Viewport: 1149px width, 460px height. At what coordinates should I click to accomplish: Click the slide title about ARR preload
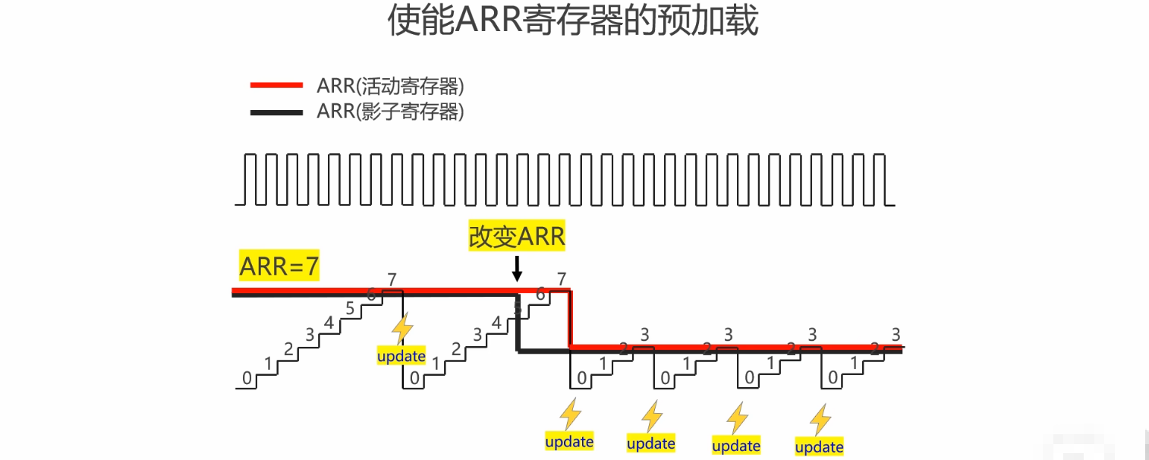point(573,21)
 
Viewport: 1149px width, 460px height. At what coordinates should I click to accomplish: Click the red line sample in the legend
point(276,85)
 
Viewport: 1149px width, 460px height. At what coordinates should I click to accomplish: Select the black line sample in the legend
point(276,112)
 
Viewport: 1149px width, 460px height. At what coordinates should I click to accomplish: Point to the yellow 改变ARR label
point(517,237)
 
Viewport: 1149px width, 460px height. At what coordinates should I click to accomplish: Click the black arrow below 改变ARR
point(517,268)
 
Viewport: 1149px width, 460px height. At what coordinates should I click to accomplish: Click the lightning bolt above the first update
point(401,329)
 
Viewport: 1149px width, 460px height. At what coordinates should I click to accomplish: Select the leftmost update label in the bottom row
point(569,441)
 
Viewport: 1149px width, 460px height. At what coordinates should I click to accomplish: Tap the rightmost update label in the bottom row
point(819,447)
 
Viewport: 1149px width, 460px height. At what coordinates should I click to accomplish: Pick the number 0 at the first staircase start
point(247,377)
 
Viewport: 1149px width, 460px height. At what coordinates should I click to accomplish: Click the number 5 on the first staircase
point(350,308)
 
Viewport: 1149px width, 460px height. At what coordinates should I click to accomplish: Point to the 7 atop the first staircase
point(392,279)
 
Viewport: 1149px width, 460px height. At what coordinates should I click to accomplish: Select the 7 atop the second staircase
point(561,279)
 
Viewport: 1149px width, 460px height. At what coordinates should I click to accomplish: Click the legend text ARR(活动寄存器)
point(390,85)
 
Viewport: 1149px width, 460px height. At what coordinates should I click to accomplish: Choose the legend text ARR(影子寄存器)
point(390,112)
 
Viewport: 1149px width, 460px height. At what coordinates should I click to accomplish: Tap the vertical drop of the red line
point(570,319)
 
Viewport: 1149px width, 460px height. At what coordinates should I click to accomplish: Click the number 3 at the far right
point(896,334)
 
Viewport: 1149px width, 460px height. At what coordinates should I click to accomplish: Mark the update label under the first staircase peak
point(401,356)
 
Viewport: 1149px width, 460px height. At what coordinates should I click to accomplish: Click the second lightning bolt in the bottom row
point(652,417)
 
